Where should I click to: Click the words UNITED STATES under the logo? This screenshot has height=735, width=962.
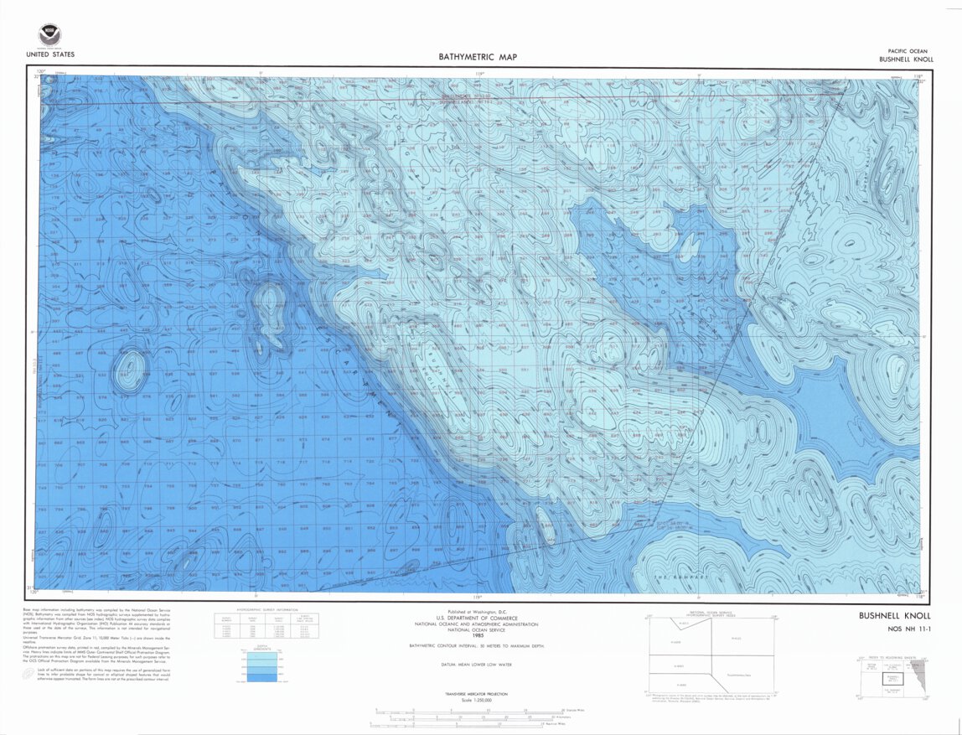coord(49,55)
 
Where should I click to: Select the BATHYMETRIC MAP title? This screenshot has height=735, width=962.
coord(478,58)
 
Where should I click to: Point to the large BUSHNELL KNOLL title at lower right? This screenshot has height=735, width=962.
coord(895,617)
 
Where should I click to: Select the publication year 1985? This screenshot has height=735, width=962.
coord(478,635)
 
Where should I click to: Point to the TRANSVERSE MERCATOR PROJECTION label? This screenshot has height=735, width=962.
coord(478,694)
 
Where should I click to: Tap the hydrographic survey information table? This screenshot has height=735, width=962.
coord(255,625)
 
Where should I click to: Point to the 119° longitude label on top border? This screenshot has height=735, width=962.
coord(478,74)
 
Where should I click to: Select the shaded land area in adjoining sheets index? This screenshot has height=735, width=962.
coord(922,670)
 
